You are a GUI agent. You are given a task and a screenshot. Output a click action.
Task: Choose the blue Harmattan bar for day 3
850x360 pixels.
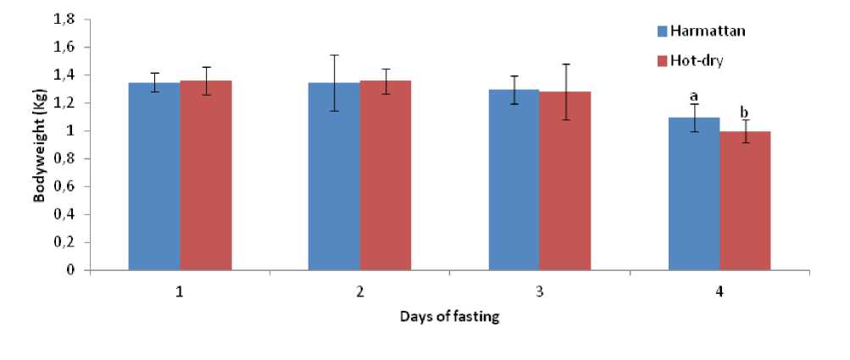pyautogui.click(x=514, y=180)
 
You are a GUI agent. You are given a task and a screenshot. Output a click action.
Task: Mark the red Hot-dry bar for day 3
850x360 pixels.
pyautogui.click(x=565, y=180)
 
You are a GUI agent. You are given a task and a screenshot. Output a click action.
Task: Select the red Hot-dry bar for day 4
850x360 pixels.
pyautogui.click(x=745, y=201)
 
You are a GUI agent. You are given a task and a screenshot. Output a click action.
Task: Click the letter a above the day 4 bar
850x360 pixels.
pyautogui.click(x=693, y=96)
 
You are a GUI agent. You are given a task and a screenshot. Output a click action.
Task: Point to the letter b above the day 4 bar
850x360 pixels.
pyautogui.click(x=745, y=113)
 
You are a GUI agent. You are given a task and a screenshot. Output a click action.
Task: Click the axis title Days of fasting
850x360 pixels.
pyautogui.click(x=449, y=318)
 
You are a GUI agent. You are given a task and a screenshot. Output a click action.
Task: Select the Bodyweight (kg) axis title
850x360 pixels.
pyautogui.click(x=40, y=144)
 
